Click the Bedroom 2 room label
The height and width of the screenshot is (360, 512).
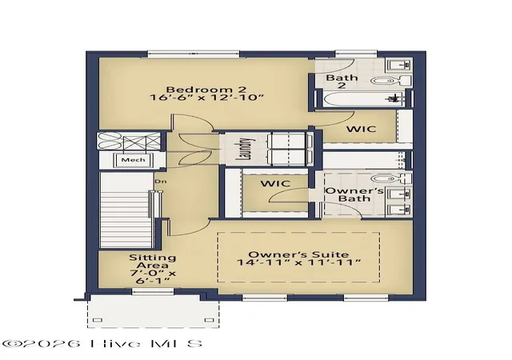pos(206,89)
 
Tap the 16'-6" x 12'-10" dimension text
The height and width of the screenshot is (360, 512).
pos(206,98)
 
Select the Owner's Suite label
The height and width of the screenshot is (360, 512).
pos(298,254)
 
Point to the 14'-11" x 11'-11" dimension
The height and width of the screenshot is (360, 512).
pos(298,262)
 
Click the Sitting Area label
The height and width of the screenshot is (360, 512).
pos(153,262)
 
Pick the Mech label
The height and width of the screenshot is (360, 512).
pos(134,160)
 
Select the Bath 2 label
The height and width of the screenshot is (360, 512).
pos(342,82)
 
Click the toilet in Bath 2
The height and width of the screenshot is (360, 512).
pos(391,80)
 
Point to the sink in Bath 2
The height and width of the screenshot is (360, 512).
pos(399,65)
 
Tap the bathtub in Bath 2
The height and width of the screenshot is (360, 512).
pos(364,98)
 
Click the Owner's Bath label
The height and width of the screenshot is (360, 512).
pos(354,194)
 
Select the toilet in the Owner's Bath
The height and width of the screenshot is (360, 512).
pos(391,178)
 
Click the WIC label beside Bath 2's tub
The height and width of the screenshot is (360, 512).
pos(361,130)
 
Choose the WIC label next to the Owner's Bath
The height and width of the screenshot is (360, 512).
pos(275,183)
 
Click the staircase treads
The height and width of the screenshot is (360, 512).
pos(126,210)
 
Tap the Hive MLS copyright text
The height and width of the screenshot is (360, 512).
pos(102,344)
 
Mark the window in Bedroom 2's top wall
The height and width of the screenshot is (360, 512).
pos(194,54)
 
